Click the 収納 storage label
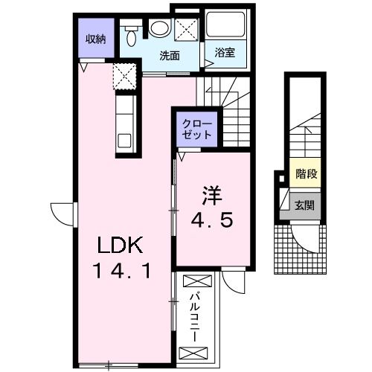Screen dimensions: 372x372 click(x=96, y=39)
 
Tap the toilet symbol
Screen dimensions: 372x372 click(x=131, y=36)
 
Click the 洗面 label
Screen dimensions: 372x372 click(x=170, y=56)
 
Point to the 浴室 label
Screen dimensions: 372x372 click(x=225, y=53)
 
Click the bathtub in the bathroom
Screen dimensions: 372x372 click(x=225, y=24)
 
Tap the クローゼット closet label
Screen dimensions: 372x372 click(x=197, y=129)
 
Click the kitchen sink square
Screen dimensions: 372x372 click(x=124, y=141)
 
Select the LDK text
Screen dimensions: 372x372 click(x=121, y=245)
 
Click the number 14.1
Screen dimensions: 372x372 click(x=121, y=271)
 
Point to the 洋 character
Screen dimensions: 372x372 click(x=212, y=196)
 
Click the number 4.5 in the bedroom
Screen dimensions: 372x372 click(x=212, y=220)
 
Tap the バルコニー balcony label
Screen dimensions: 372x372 click(x=195, y=318)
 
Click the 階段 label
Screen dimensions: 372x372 click(x=306, y=174)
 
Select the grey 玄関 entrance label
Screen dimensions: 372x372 click(x=305, y=205)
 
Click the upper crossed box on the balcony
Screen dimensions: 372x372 click(x=197, y=281)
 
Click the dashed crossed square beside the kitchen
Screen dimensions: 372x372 click(x=125, y=76)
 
